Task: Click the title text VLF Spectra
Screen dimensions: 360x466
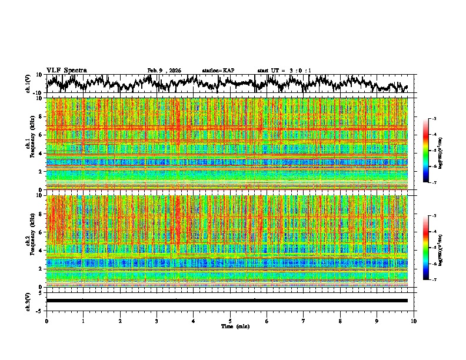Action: pyautogui.click(x=66, y=70)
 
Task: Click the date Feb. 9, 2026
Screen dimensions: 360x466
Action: pyautogui.click(x=164, y=71)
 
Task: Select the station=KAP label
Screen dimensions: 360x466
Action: pyautogui.click(x=218, y=71)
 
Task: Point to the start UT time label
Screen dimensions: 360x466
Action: pyautogui.click(x=284, y=71)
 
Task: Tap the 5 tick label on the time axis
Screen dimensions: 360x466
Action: pyautogui.click(x=230, y=321)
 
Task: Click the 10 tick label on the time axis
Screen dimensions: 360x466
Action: pyautogui.click(x=414, y=321)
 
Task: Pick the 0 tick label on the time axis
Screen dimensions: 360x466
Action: pyautogui.click(x=46, y=321)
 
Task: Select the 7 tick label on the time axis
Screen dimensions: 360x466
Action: pyautogui.click(x=304, y=321)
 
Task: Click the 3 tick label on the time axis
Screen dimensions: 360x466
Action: pyautogui.click(x=157, y=321)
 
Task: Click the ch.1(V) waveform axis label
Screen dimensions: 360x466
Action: pyautogui.click(x=28, y=84)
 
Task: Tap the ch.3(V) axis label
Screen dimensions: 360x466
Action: pyautogui.click(x=28, y=301)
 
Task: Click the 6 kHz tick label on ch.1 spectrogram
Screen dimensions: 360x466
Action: pyautogui.click(x=39, y=135)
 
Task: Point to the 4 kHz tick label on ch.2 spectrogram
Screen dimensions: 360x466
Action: pyautogui.click(x=39, y=250)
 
